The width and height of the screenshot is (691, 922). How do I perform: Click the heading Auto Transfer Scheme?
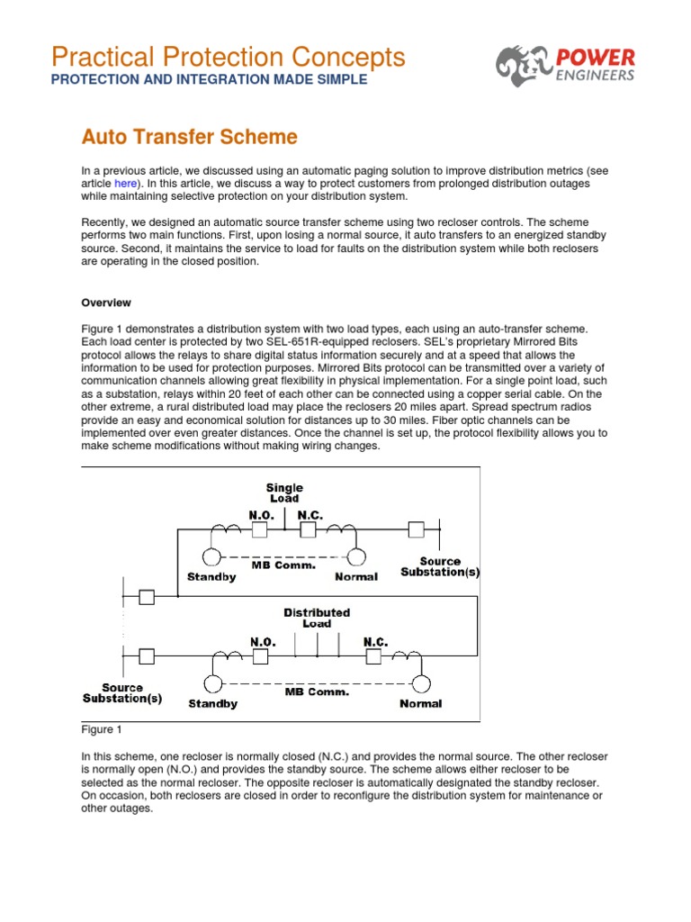[x=189, y=137]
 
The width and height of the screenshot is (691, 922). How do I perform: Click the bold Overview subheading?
[x=106, y=303]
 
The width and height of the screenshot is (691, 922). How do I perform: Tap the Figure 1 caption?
[x=101, y=729]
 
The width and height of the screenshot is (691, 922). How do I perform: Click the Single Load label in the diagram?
[x=284, y=493]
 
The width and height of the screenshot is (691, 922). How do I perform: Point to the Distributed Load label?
[x=317, y=618]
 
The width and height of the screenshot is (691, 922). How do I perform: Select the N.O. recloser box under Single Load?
[x=259, y=530]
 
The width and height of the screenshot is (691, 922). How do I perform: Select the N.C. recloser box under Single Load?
[x=308, y=530]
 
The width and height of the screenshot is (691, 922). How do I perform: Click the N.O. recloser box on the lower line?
[x=261, y=657]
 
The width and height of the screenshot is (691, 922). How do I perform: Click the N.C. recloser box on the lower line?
[x=374, y=657]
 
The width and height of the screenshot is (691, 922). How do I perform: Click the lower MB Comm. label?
[x=317, y=692]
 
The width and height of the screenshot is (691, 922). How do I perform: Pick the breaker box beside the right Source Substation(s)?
[x=416, y=529]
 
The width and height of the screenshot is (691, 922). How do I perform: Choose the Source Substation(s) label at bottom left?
[x=122, y=692]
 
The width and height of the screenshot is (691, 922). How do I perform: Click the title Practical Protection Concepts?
[x=229, y=57]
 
